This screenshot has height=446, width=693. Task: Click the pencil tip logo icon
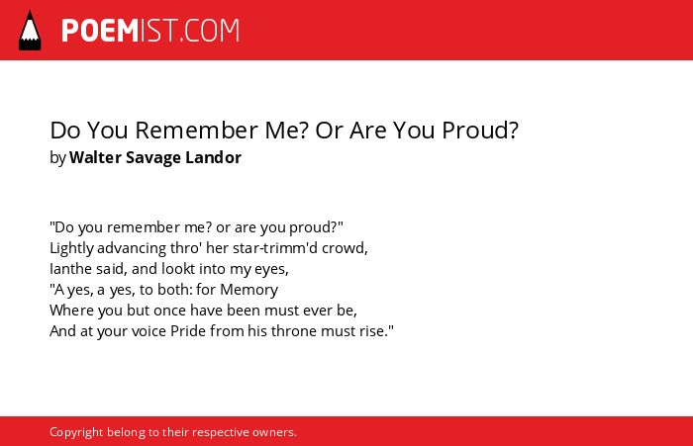pos(30,30)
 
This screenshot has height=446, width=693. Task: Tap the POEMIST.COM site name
pos(150,31)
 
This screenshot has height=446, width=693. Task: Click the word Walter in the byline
pos(95,157)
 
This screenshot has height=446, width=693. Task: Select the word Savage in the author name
pos(152,158)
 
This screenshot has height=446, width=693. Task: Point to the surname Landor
pos(213,157)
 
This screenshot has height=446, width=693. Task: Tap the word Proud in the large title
pos(479,131)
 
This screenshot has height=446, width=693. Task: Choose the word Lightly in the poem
pos(71,248)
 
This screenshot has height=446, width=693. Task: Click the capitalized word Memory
pos(248,290)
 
